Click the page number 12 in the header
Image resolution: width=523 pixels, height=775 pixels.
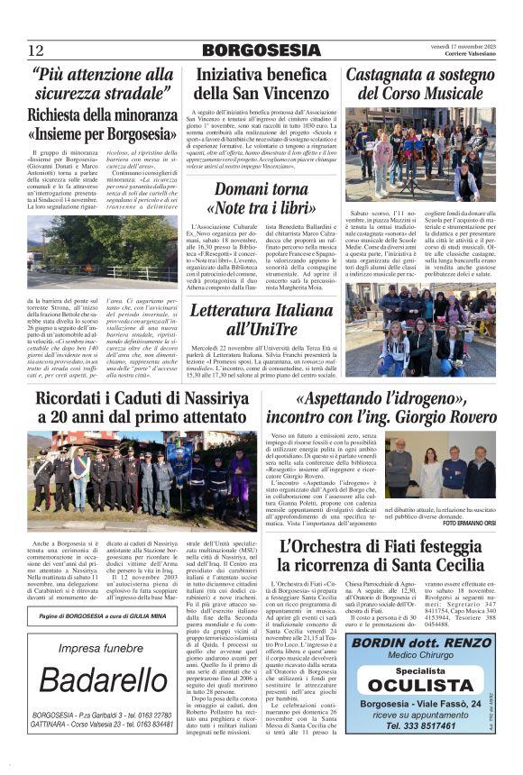pyautogui.click(x=35, y=50)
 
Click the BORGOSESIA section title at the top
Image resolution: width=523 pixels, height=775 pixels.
pyautogui.click(x=261, y=50)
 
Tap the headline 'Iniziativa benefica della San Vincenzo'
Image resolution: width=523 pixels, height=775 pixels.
pyautogui.click(x=261, y=83)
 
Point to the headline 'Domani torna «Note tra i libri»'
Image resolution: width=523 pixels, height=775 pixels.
pyautogui.click(x=261, y=198)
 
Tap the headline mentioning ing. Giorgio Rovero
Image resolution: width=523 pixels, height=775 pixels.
pyautogui.click(x=394, y=407)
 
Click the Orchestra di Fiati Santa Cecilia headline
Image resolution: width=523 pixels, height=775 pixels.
pyautogui.click(x=394, y=555)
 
